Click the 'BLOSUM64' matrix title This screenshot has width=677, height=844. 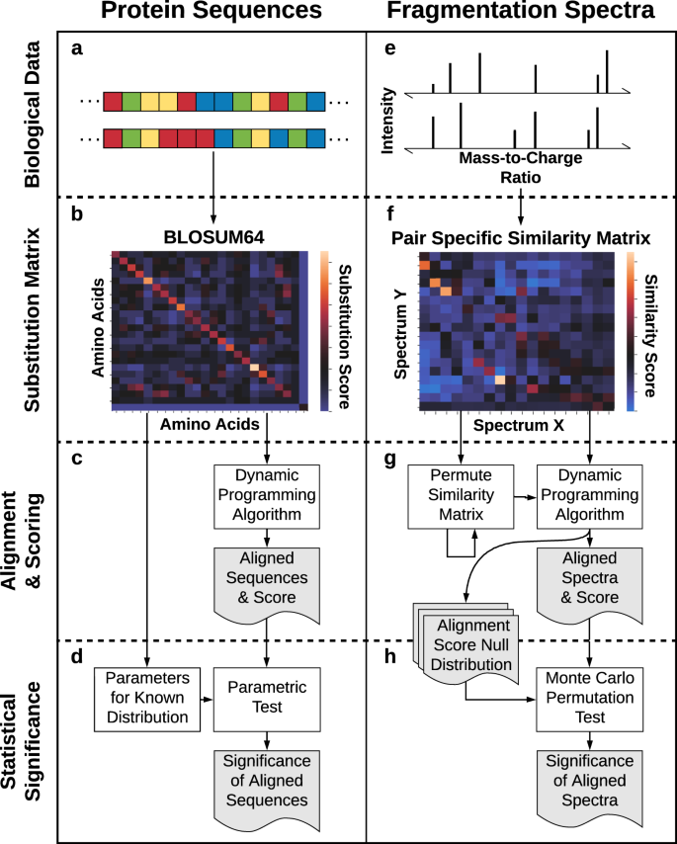(212, 237)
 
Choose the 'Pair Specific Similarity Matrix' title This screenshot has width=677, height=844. (519, 237)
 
